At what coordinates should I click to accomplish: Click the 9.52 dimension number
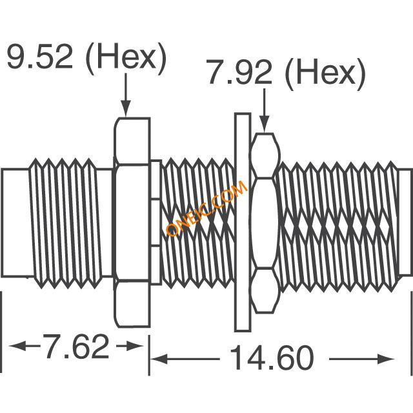click(39, 56)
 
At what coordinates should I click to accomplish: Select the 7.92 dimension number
click(239, 72)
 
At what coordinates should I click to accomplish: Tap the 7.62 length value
click(76, 346)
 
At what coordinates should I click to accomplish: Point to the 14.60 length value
click(273, 359)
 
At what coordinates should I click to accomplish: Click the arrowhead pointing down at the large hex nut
click(126, 108)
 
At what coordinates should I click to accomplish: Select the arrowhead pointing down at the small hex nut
click(265, 124)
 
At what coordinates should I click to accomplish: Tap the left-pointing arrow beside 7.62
click(25, 346)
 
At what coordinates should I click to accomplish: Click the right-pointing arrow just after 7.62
click(130, 346)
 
